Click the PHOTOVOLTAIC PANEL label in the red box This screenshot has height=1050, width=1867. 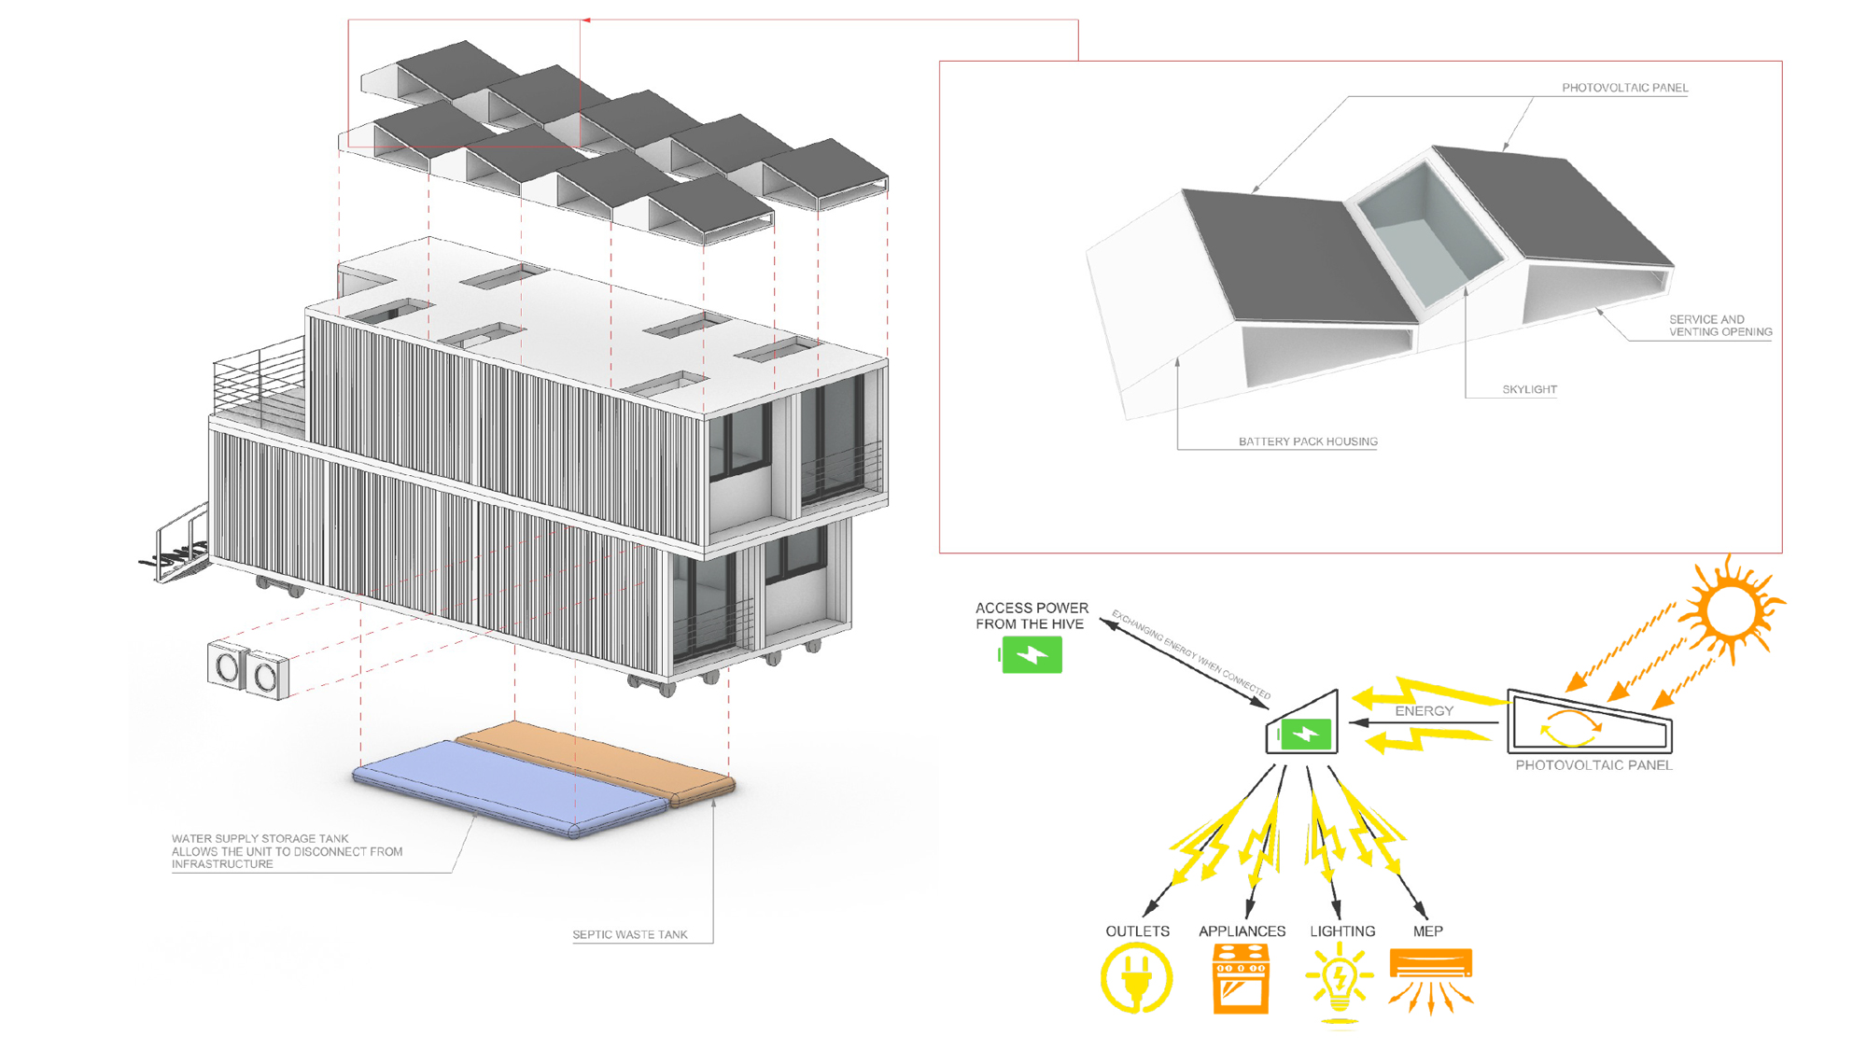click(1624, 88)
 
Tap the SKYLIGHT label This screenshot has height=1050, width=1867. click(1529, 389)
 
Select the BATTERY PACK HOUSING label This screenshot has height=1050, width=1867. click(1307, 441)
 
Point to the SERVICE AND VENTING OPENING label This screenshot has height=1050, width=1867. click(1720, 326)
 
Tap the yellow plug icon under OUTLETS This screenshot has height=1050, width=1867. click(1136, 977)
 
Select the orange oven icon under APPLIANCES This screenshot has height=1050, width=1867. click(1241, 978)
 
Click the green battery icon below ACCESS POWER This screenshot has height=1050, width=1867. click(1032, 654)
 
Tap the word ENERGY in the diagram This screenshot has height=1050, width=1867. click(1424, 711)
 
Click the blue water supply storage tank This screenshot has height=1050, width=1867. click(509, 787)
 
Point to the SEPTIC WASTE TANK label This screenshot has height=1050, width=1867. click(629, 934)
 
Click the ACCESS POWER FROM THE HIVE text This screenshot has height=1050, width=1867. click(1032, 616)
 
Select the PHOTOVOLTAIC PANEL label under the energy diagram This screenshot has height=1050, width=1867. click(1593, 765)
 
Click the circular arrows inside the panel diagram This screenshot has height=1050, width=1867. click(1570, 728)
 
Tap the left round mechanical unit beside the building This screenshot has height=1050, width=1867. click(227, 666)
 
